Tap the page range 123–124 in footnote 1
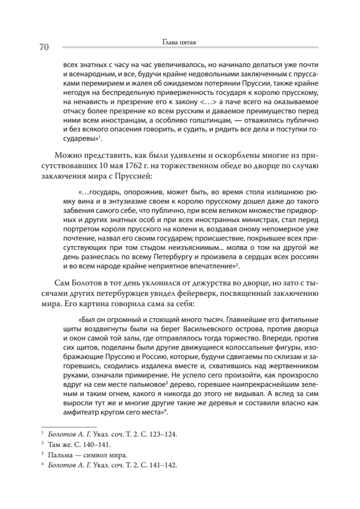pos(162,435)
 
